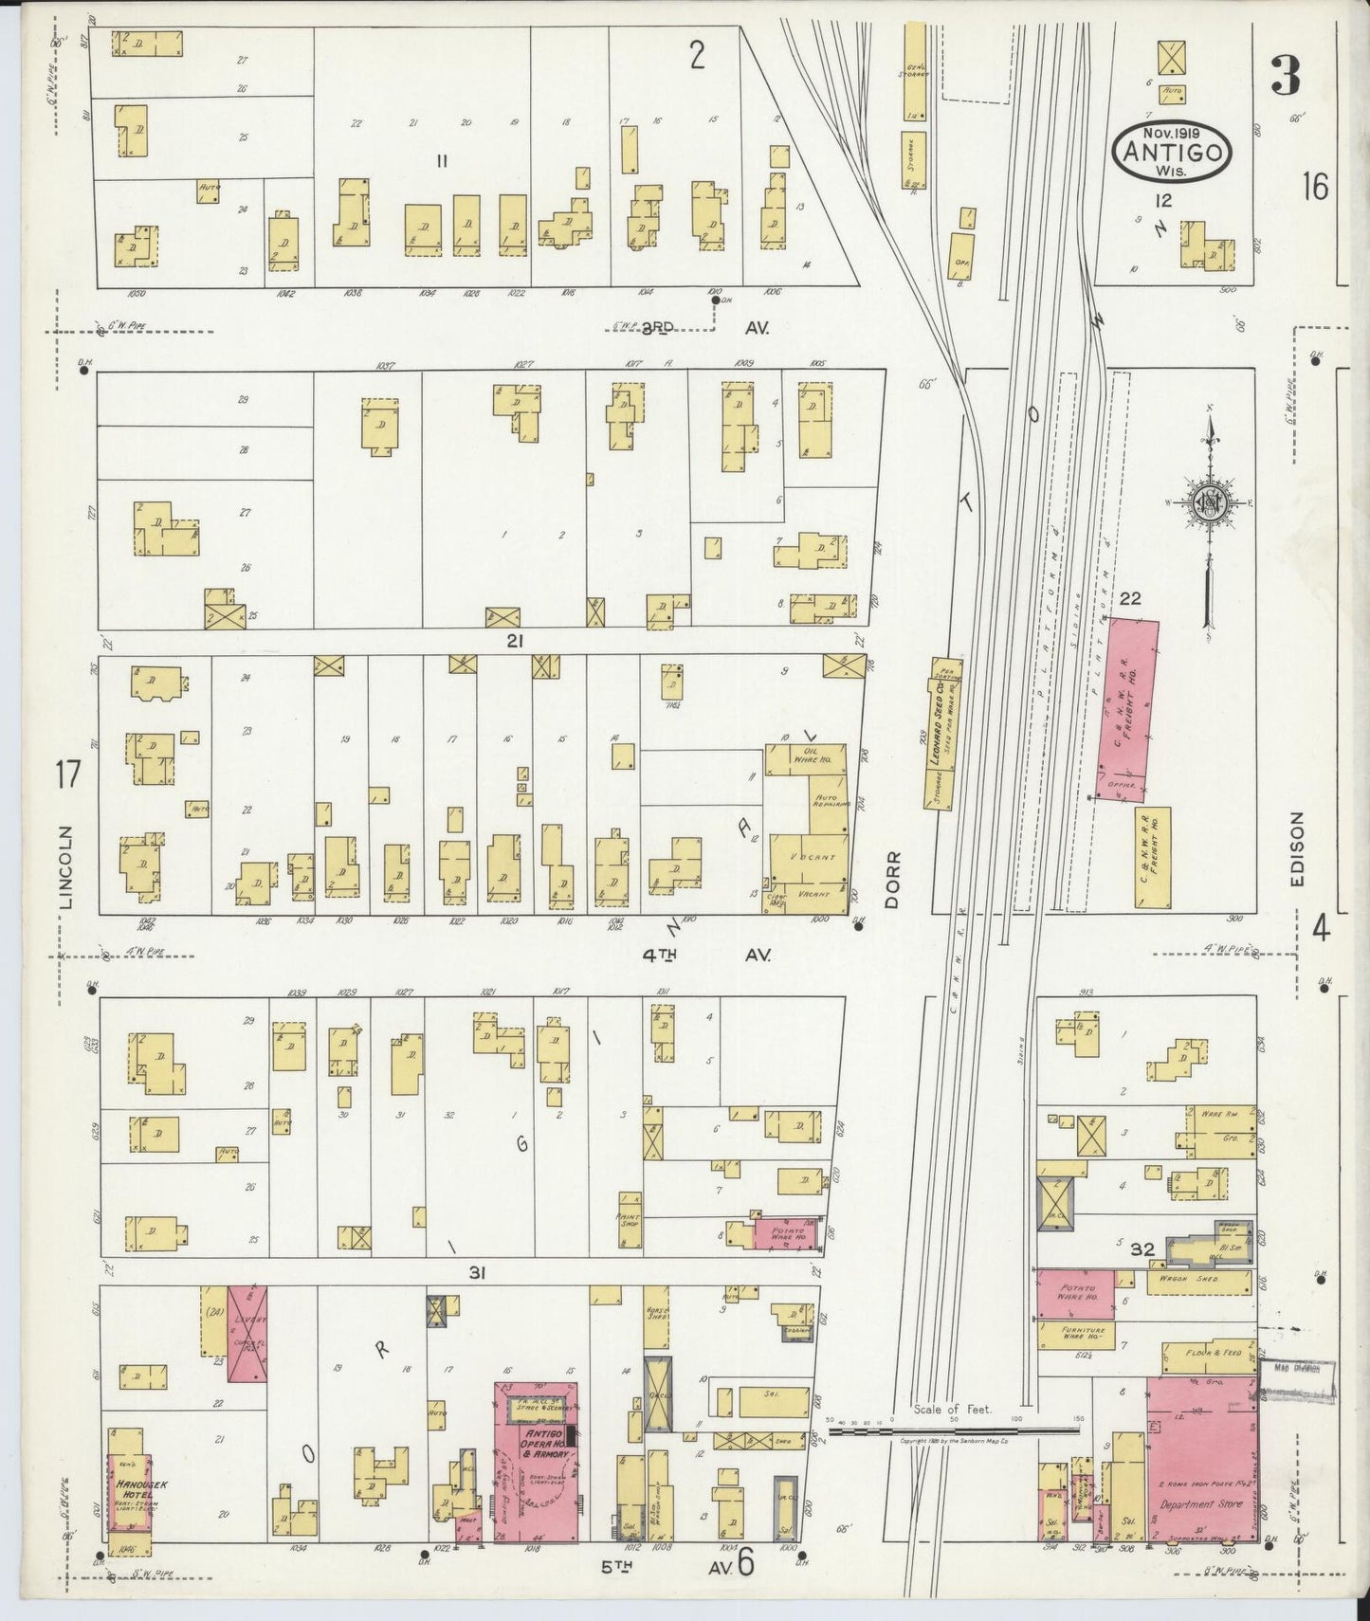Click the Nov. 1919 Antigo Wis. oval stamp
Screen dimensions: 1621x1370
[1173, 150]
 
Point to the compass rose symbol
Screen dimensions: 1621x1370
[1209, 503]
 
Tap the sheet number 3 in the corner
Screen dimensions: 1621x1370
[1285, 76]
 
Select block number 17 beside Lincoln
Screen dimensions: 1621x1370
[65, 775]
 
